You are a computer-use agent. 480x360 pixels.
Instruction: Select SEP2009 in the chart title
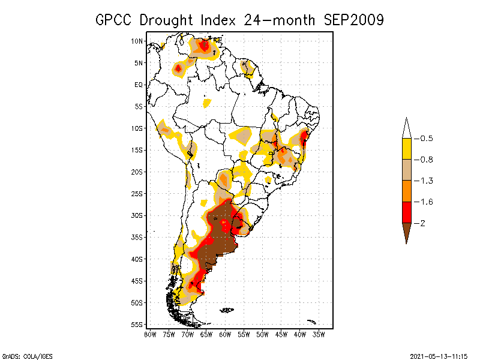[x=353, y=20]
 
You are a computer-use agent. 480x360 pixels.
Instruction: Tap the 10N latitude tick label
[x=137, y=41]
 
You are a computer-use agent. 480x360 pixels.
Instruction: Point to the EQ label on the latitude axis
[x=138, y=85]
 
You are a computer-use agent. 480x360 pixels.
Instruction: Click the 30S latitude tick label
[x=137, y=215]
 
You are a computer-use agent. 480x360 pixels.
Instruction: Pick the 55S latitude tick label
[x=137, y=325]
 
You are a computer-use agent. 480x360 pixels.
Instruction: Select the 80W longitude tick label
[x=150, y=334]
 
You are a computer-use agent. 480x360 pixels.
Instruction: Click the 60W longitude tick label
[x=225, y=334]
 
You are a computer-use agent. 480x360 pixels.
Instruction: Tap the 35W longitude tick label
[x=319, y=334]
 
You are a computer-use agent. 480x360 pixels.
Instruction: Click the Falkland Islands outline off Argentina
[x=226, y=310]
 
